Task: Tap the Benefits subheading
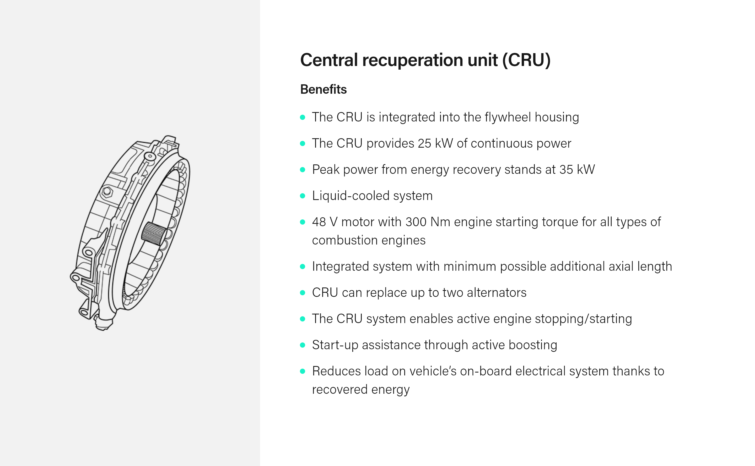pos(323,89)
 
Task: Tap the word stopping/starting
pos(583,319)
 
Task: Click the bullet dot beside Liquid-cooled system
pos(303,196)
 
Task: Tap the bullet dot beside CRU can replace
pos(303,293)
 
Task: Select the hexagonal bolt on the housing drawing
pos(107,192)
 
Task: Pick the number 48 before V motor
pos(319,222)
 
